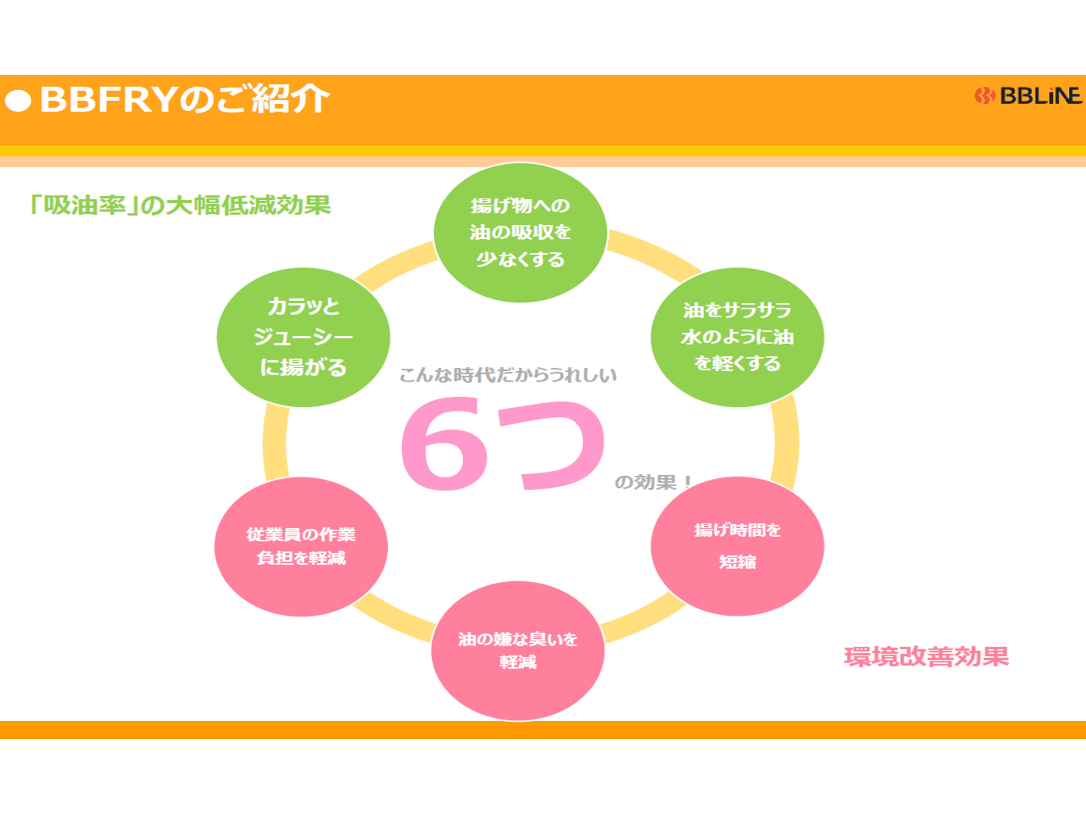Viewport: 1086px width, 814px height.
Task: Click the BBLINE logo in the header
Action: tap(1028, 96)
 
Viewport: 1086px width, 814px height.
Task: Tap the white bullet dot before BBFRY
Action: tap(18, 101)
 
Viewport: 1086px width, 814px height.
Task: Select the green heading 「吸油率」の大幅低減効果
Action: tap(180, 205)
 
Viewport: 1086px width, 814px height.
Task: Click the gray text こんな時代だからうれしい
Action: tap(508, 375)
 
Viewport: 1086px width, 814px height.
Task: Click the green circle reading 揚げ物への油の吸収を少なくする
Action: tap(521, 233)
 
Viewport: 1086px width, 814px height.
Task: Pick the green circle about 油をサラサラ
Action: tap(737, 337)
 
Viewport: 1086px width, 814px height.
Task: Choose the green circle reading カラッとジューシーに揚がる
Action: tap(303, 337)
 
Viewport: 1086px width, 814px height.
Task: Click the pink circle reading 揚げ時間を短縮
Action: tap(737, 546)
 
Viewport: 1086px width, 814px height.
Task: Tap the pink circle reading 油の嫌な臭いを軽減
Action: tap(518, 651)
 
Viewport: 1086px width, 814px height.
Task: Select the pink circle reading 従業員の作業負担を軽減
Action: tap(301, 546)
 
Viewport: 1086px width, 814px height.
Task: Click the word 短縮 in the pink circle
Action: tap(737, 562)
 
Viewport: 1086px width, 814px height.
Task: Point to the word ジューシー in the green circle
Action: tap(303, 337)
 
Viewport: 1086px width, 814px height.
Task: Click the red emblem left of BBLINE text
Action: tap(984, 96)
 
